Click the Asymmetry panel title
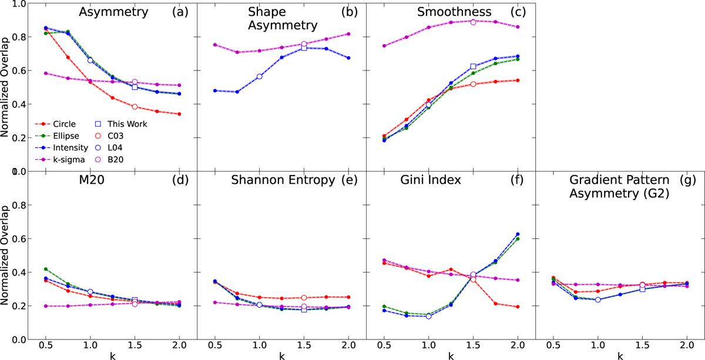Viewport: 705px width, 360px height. pyautogui.click(x=113, y=12)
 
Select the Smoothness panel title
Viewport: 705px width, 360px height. pyautogui.click(x=454, y=12)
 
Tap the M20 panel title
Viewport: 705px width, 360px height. pyautogui.click(x=92, y=180)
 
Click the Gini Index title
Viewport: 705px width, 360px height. pyautogui.click(x=431, y=180)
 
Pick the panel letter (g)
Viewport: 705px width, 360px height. pyautogui.click(x=688, y=180)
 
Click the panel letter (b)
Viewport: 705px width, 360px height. pyautogui.click(x=350, y=12)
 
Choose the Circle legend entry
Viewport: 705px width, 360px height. pyautogui.click(x=55, y=124)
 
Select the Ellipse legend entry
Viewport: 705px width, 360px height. pyautogui.click(x=57, y=136)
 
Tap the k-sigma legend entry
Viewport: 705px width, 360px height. pyautogui.click(x=60, y=160)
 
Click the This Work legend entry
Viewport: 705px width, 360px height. pyautogui.click(x=121, y=124)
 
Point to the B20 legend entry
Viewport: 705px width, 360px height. pyautogui.click(x=109, y=160)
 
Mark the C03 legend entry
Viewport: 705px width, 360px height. pyautogui.click(x=109, y=136)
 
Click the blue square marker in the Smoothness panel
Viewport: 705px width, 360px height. pyautogui.click(x=473, y=66)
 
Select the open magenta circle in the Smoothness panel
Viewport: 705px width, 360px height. pyautogui.click(x=473, y=22)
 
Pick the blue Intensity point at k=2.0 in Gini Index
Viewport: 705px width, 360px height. pyautogui.click(x=518, y=234)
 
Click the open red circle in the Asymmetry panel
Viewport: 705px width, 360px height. pyautogui.click(x=135, y=107)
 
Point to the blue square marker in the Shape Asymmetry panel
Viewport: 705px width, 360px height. pyautogui.click(x=304, y=48)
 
